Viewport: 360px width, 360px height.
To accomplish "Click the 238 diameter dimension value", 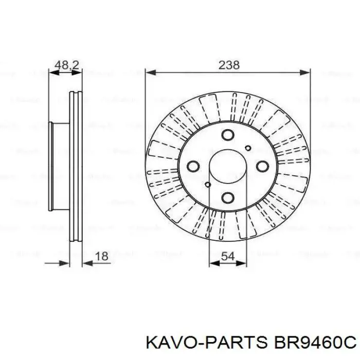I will pos(229,65).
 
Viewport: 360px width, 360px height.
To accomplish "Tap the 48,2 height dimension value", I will pos(66,65).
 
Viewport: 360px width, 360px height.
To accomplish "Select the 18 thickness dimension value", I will pos(102,256).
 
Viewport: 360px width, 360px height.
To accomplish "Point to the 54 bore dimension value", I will pos(228,256).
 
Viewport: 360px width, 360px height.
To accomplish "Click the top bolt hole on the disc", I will pos(228,135).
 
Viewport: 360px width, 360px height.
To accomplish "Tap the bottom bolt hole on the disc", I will pos(228,197).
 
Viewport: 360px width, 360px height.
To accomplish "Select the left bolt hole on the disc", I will pos(193,166).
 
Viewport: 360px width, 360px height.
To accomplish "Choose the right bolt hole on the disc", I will pos(262,166).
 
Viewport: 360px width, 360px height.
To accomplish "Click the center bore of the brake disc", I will pos(228,167).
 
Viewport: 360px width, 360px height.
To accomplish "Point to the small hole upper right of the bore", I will pos(248,149).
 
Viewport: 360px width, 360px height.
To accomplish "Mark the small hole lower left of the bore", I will pos(208,185).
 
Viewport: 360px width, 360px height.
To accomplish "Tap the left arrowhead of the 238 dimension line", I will pos(149,73).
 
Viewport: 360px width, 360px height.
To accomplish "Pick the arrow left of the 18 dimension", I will pos(65,263).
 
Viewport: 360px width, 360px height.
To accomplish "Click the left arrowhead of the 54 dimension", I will pos(212,263).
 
